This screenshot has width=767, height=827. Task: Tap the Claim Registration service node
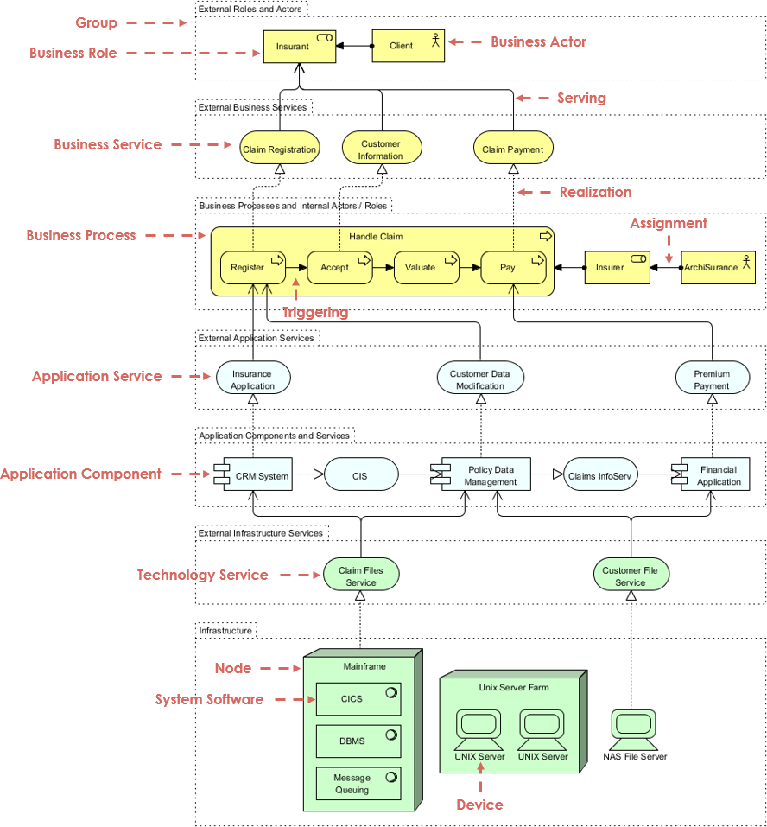[x=279, y=149]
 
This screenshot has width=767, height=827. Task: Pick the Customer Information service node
[x=381, y=149]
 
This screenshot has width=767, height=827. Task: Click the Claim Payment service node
[x=513, y=149]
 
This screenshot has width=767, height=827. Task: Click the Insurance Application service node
[x=252, y=379]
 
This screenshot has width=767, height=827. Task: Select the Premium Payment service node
[x=712, y=379]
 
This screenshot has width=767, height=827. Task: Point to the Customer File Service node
[x=631, y=576]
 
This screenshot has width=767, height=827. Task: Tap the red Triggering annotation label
[x=315, y=313]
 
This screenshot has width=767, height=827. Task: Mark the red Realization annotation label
[x=595, y=192]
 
